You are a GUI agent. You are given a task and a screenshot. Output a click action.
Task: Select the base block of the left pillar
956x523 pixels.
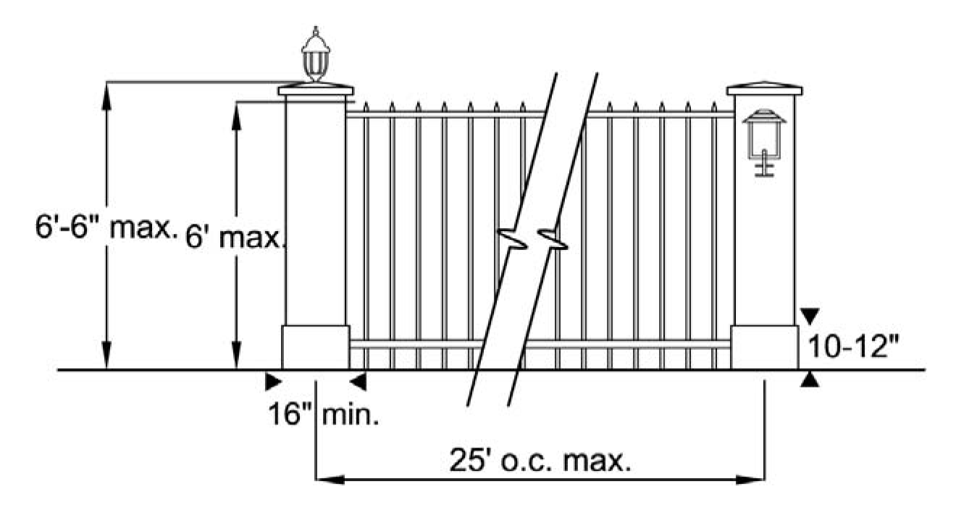316,347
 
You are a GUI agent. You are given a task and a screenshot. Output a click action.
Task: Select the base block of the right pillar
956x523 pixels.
764,347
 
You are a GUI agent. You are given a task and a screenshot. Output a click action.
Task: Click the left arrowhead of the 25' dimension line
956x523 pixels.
326,479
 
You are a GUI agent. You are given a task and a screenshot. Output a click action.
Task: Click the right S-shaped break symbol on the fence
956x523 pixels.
552,239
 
